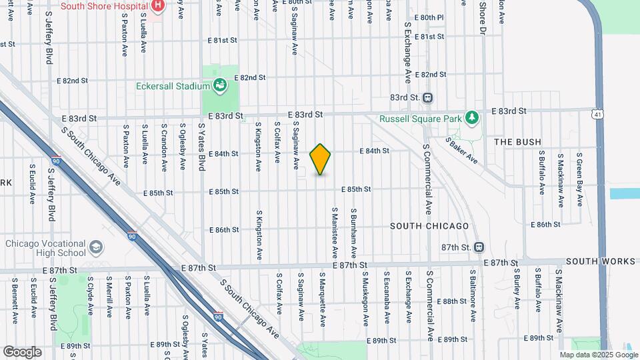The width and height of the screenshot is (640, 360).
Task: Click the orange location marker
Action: [320, 159]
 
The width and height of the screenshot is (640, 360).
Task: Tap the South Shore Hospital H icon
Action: [157, 6]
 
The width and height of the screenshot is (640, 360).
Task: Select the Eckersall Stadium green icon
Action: [219, 85]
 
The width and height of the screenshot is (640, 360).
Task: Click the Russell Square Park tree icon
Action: [472, 118]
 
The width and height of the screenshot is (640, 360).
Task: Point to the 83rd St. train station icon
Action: [428, 97]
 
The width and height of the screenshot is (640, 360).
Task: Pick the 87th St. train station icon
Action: [478, 247]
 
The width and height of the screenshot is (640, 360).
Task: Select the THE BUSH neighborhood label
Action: [517, 142]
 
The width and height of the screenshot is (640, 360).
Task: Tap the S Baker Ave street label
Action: [463, 151]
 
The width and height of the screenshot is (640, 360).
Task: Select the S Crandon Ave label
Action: [163, 143]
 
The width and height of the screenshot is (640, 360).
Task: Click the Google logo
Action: [22, 351]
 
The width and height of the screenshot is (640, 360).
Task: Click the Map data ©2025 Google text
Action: [598, 355]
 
